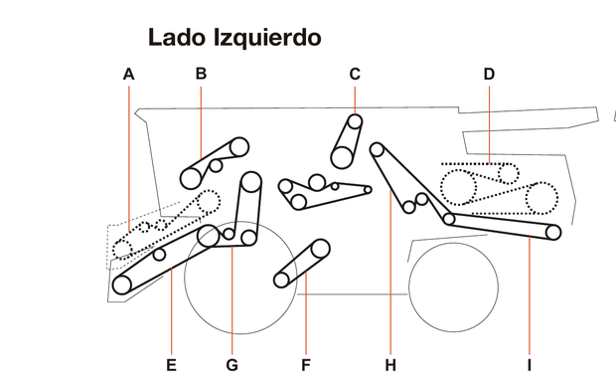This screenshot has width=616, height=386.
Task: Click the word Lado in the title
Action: click(177, 38)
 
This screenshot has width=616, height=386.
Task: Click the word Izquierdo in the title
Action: click(265, 39)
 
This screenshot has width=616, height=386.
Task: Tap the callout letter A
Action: click(128, 74)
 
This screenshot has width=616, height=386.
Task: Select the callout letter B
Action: click(201, 73)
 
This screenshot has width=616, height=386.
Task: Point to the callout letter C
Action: click(355, 73)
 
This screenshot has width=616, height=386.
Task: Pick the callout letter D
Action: click(489, 74)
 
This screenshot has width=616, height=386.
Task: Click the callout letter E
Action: click(171, 363)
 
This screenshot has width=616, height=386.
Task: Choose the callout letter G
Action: click(232, 363)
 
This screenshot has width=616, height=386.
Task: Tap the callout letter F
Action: click(306, 363)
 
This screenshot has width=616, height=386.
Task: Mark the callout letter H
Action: click(390, 363)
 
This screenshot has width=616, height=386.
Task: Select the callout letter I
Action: click(530, 363)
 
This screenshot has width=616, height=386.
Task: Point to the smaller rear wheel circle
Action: click(453, 285)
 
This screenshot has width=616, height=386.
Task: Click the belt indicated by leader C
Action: click(348, 141)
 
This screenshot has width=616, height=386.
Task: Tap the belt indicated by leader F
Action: click(302, 261)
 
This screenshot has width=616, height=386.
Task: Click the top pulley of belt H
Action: click(378, 150)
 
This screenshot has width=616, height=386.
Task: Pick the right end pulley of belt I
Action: click(553, 233)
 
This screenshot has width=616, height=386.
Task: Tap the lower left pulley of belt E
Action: click(122, 285)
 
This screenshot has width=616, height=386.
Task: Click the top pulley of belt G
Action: click(250, 182)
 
